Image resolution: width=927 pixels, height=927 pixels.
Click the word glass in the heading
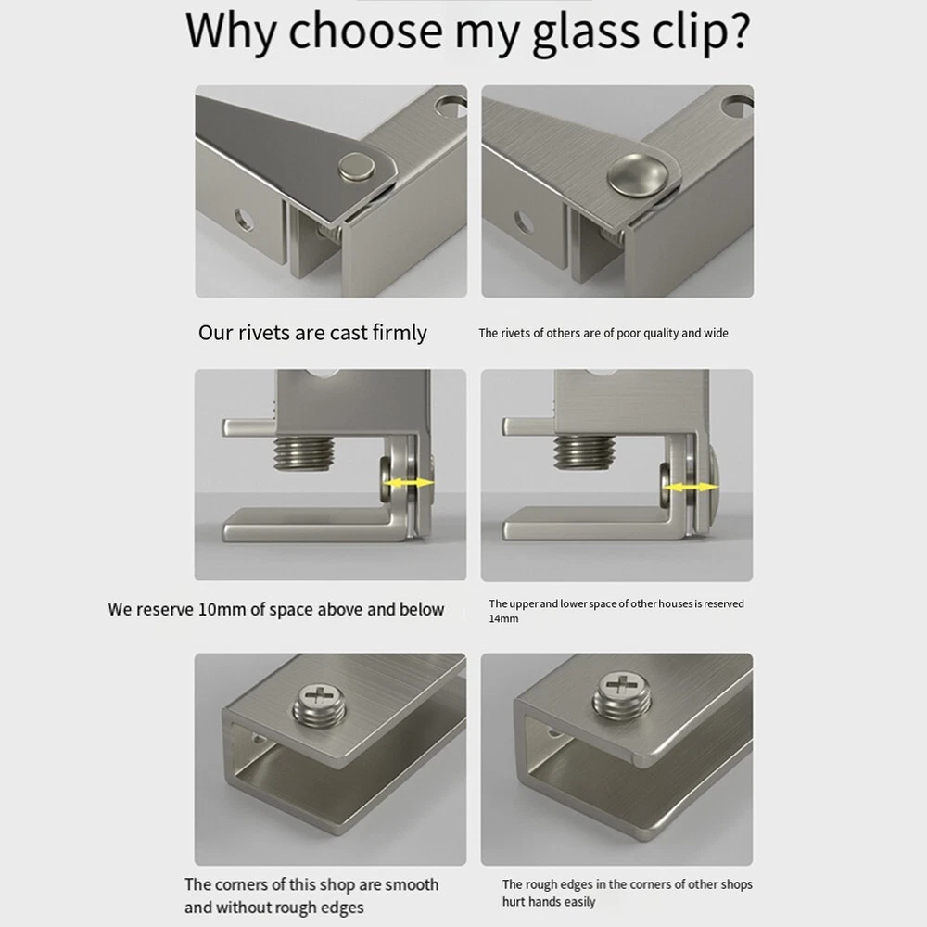586,33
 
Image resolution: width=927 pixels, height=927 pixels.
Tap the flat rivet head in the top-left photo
357,166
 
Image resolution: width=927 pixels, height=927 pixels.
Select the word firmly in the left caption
400,334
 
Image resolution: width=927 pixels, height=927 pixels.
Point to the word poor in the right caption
629,334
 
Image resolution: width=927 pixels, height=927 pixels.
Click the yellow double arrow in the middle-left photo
409,483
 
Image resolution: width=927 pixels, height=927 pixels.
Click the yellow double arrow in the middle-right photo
691,488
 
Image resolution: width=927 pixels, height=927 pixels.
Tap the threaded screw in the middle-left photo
304,454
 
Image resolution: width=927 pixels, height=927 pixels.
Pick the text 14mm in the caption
503,619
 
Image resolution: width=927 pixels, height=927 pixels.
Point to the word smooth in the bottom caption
413,884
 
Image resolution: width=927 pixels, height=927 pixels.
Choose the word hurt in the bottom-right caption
514,902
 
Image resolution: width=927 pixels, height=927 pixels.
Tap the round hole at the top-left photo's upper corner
452,107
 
